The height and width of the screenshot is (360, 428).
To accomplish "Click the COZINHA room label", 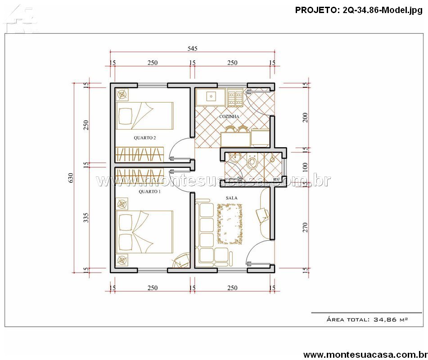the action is pyautogui.click(x=229, y=117).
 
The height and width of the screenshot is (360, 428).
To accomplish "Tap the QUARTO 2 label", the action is pyautogui.click(x=144, y=138).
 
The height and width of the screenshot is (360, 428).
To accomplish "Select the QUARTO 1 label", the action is pyautogui.click(x=149, y=192).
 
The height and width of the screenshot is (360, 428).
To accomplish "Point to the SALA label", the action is pyautogui.click(x=231, y=198).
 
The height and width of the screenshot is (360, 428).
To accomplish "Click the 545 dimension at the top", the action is pyautogui.click(x=193, y=49).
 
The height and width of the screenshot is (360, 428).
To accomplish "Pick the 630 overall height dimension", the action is pyautogui.click(x=71, y=178).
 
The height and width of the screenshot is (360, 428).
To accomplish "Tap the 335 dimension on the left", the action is pyautogui.click(x=86, y=218).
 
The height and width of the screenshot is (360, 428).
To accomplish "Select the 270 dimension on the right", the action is pyautogui.click(x=305, y=227).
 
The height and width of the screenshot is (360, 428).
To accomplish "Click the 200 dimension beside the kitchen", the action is pyautogui.click(x=305, y=117).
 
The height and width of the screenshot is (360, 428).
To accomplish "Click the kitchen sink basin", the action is pyautogui.click(x=211, y=96).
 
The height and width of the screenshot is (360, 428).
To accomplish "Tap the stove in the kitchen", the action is pyautogui.click(x=235, y=98).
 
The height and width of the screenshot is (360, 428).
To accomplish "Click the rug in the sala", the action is pyautogui.click(x=230, y=224).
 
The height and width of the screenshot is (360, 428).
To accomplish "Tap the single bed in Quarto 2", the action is pyautogui.click(x=144, y=116).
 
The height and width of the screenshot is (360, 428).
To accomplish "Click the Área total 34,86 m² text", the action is pyautogui.click(x=367, y=319).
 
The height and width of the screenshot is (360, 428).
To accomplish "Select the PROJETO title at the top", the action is pyautogui.click(x=359, y=10).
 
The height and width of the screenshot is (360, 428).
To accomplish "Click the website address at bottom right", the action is pyautogui.click(x=365, y=355).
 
